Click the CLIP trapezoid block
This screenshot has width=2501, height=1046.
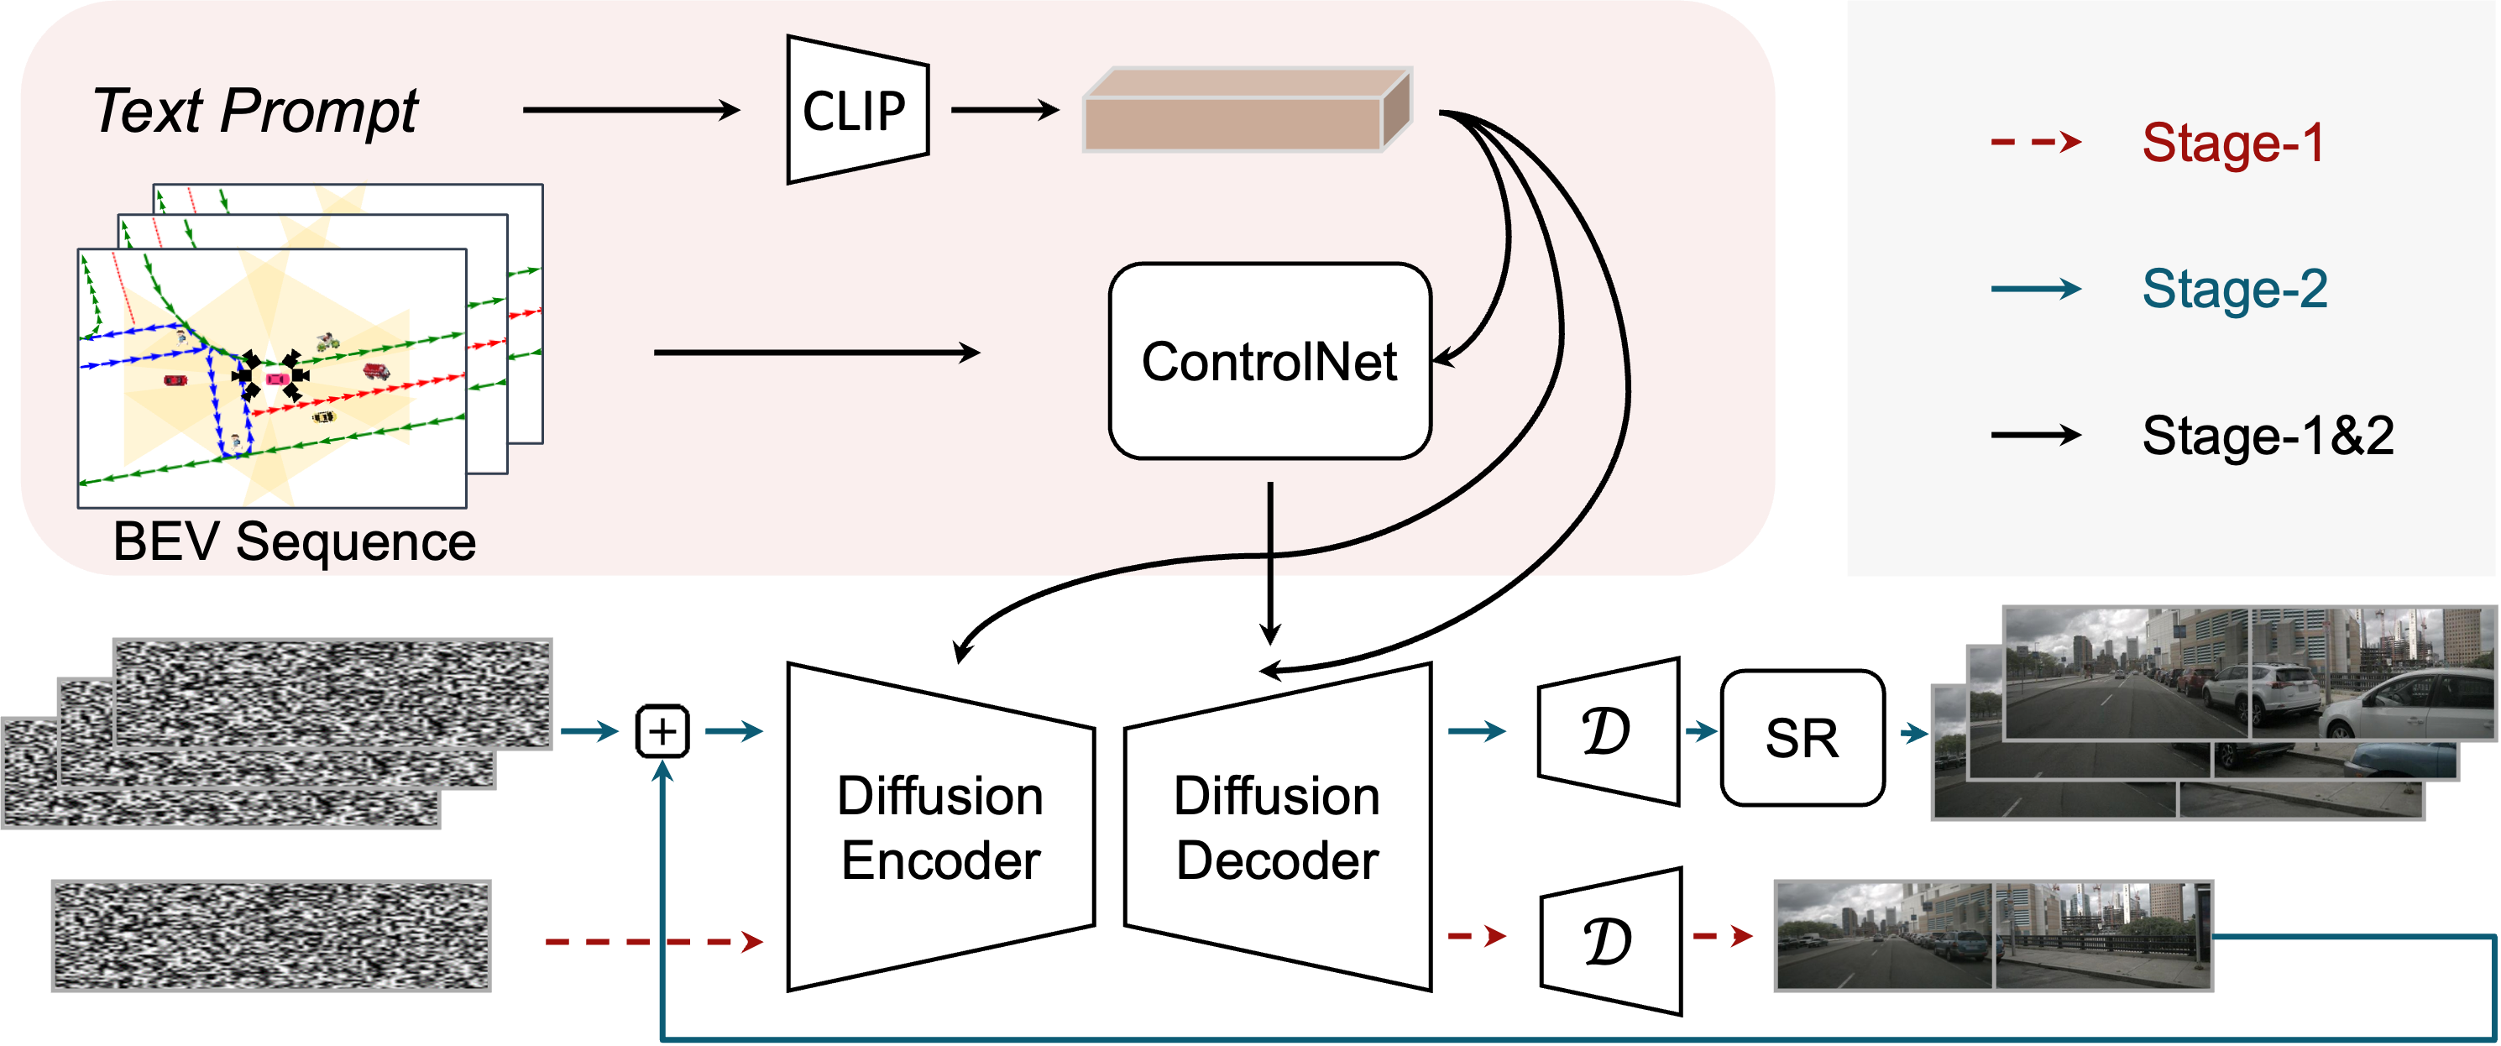click(855, 110)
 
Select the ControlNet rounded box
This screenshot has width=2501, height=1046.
click(1269, 361)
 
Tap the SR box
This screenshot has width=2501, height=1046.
click(1802, 738)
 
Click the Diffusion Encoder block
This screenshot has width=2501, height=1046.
click(939, 828)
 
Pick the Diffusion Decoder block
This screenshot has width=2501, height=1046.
click(1278, 828)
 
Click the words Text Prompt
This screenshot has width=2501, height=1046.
click(254, 110)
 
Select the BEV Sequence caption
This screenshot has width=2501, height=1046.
click(294, 541)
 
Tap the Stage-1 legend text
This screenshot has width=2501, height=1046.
click(2232, 143)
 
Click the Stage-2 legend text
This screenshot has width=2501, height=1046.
click(2234, 289)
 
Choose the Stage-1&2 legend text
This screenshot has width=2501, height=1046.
click(2267, 435)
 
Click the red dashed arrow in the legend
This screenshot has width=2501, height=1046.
click(2035, 143)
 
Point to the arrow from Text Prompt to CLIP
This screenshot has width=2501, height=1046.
click(631, 110)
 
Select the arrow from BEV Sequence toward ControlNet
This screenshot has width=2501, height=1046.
click(815, 353)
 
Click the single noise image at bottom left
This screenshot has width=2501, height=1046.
click(271, 935)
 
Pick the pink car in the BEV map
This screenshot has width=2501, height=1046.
click(277, 379)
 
